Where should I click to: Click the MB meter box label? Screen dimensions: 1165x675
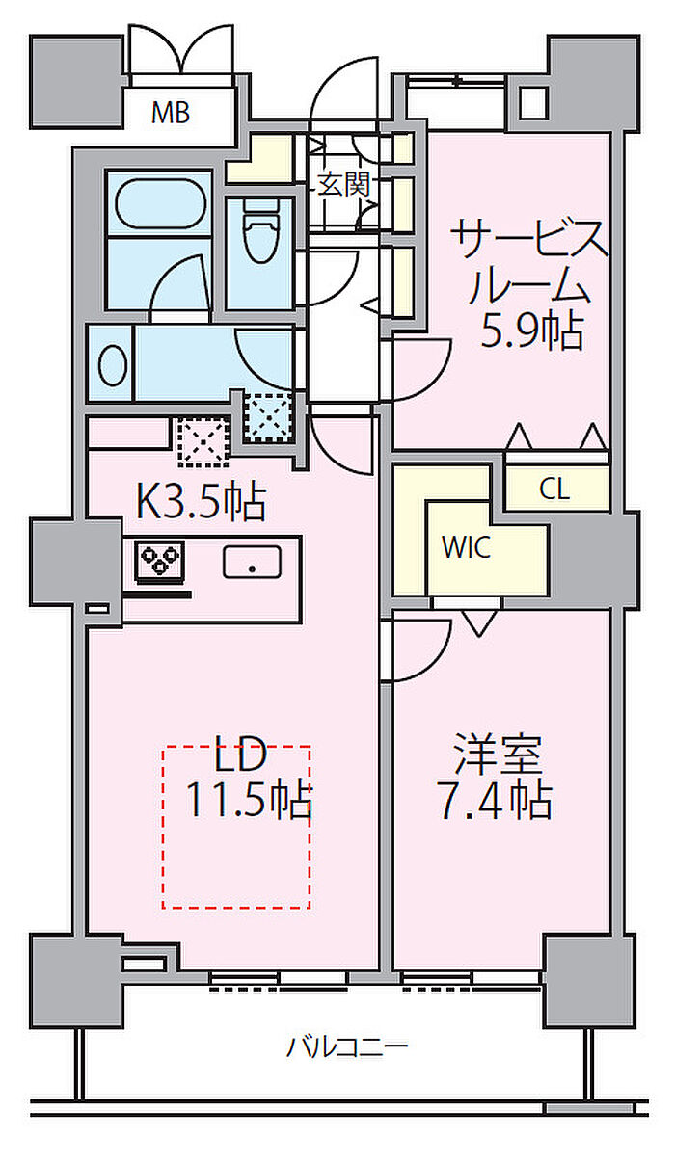(x=171, y=113)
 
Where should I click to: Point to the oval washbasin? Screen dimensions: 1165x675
(x=113, y=365)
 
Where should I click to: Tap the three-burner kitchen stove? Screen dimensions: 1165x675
(x=159, y=560)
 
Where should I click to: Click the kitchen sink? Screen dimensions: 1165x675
(x=253, y=561)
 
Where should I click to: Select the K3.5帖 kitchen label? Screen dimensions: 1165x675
(x=201, y=501)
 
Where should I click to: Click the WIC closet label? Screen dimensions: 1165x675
(x=466, y=548)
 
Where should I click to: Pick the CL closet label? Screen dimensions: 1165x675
(x=554, y=490)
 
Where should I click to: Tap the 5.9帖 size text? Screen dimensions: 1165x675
(x=532, y=331)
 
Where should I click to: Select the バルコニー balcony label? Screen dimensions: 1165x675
(x=347, y=1046)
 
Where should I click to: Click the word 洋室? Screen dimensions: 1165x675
(x=498, y=755)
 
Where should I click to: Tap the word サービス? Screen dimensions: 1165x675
(x=530, y=238)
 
